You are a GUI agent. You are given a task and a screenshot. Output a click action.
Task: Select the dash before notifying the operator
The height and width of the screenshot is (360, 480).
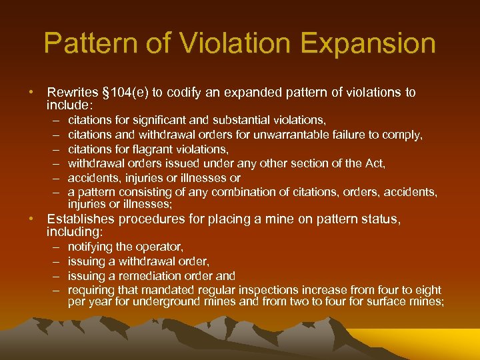click(x=53, y=247)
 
